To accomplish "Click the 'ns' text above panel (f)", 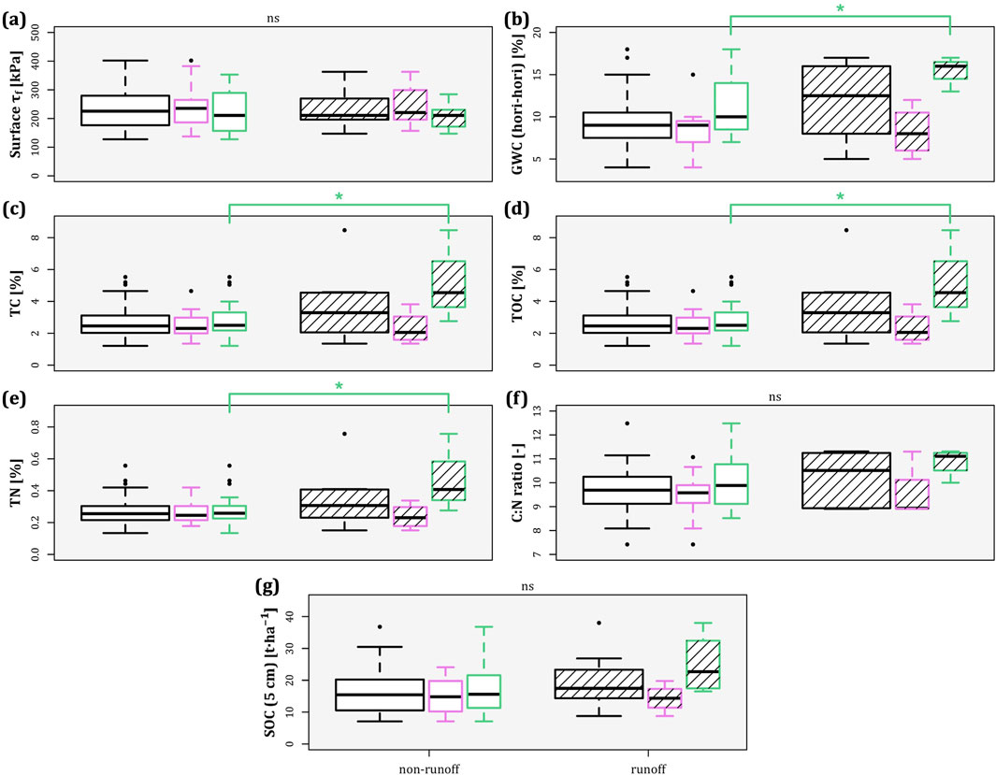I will point(746,396).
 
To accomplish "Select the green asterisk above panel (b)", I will point(840,9).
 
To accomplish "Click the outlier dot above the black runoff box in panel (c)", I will point(344,229).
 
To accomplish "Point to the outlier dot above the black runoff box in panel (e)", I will point(344,434).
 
